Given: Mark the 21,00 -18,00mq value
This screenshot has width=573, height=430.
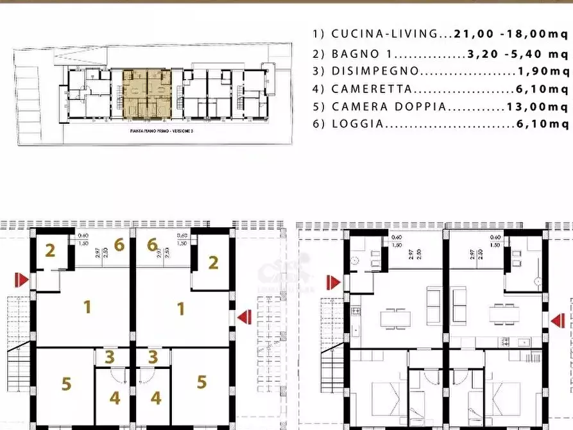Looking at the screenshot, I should click(510, 34).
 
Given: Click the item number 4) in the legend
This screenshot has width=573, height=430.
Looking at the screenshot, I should click(319, 89).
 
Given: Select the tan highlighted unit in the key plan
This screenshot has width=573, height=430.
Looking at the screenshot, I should click(147, 94).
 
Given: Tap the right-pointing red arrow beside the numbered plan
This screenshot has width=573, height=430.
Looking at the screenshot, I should click(22, 280).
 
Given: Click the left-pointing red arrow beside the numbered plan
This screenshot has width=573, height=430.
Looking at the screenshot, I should click(244, 316).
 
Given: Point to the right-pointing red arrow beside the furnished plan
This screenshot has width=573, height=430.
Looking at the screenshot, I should click(332, 282).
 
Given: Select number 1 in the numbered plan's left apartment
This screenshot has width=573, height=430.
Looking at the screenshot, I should click(87, 307).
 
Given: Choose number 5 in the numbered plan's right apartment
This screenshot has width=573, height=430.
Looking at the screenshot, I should click(201, 382).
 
